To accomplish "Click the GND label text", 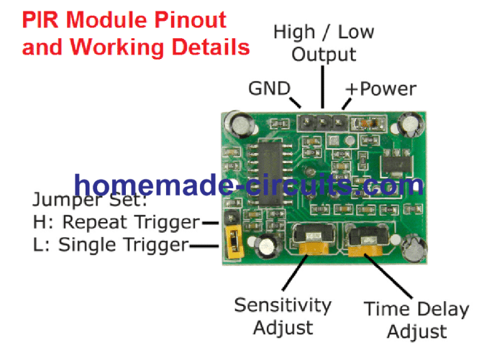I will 268,88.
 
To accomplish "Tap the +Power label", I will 381,88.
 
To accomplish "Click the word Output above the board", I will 324,55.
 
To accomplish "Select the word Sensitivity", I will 283,305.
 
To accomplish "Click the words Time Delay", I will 416,310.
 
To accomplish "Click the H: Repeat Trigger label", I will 116,222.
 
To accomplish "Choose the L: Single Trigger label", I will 111,245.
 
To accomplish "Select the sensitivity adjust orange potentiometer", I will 314,243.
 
